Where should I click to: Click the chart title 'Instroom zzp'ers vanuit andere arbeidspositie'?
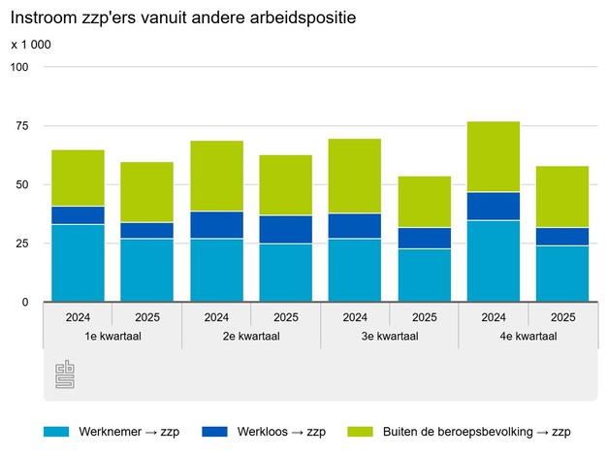click(x=176, y=18)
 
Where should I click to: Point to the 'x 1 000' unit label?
click(x=32, y=45)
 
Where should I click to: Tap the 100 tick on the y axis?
click(x=20, y=67)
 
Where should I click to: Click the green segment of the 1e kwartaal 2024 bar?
click(x=78, y=178)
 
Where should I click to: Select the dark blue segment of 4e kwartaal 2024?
click(x=494, y=206)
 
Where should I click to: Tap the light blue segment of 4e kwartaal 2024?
click(x=494, y=261)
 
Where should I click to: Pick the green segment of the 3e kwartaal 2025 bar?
click(x=425, y=202)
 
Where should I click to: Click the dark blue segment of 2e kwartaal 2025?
click(x=286, y=229)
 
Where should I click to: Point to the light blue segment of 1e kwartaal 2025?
click(x=147, y=270)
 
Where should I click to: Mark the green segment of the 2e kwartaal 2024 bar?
click(x=216, y=176)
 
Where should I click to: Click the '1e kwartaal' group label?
click(x=112, y=336)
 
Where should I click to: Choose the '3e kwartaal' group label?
click(x=390, y=336)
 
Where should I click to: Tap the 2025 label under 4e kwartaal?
click(x=562, y=316)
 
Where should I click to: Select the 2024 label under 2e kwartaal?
click(x=216, y=316)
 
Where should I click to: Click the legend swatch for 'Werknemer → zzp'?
click(x=55, y=432)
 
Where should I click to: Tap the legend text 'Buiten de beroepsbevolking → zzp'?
click(x=475, y=432)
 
